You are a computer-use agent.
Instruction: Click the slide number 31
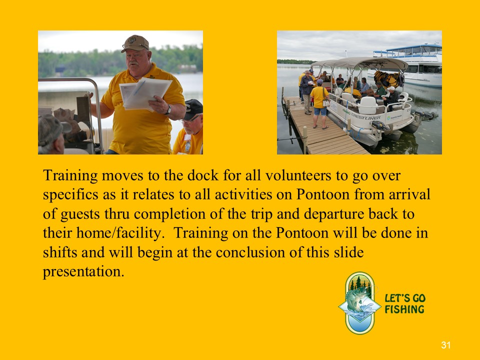click(x=445, y=345)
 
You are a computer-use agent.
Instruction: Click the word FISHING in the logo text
click(x=404, y=309)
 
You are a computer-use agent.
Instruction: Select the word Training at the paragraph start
click(x=70, y=175)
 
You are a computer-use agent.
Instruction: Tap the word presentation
click(x=83, y=272)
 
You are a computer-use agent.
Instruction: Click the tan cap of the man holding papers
click(x=135, y=43)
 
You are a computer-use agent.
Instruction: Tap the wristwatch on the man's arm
click(x=168, y=109)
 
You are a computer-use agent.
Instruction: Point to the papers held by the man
click(x=144, y=93)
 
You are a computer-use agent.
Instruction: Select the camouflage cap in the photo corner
click(x=52, y=129)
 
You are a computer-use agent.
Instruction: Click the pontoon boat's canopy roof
click(x=360, y=63)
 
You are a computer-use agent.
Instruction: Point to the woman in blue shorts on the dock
click(x=319, y=103)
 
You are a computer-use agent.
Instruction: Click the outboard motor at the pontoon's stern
click(x=425, y=115)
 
